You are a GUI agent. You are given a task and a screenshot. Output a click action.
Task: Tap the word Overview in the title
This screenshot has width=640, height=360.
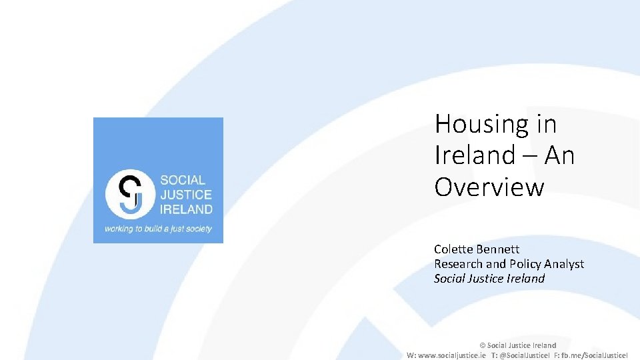point(489,187)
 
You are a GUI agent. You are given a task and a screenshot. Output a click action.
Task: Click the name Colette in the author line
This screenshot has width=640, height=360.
point(454,249)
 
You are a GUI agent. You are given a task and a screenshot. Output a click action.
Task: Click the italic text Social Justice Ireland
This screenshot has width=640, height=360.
point(489,279)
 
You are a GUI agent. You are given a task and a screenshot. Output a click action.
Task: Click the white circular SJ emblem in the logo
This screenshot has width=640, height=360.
point(130,194)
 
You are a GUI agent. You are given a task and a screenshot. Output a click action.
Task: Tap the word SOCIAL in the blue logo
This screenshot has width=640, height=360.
point(183,181)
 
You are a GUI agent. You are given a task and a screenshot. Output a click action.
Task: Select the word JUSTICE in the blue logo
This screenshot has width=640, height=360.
point(186,195)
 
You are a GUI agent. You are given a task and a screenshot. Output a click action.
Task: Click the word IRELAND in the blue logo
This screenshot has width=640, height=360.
point(186,209)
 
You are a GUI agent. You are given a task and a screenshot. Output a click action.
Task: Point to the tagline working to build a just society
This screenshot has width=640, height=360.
point(158,229)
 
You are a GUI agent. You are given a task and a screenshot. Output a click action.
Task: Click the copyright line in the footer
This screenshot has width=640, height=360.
point(518,345)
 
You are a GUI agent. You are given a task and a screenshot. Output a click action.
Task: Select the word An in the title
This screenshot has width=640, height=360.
point(559,156)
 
